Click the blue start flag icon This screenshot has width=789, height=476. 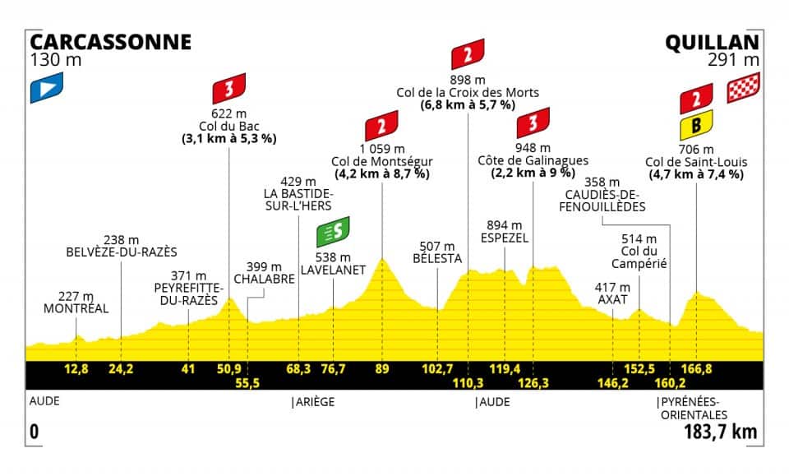click(x=46, y=89)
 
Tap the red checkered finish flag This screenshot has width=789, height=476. click(x=744, y=88)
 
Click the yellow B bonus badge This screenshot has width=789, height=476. click(x=695, y=126)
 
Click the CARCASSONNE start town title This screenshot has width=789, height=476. click(x=110, y=42)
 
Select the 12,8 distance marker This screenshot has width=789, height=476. click(x=76, y=368)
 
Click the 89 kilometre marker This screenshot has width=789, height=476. click(x=381, y=368)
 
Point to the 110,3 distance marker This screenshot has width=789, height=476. click(x=468, y=382)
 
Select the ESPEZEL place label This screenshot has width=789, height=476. click(x=504, y=237)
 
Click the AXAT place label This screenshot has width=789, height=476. click(x=613, y=300)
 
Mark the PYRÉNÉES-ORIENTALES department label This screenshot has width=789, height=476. click(x=689, y=408)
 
